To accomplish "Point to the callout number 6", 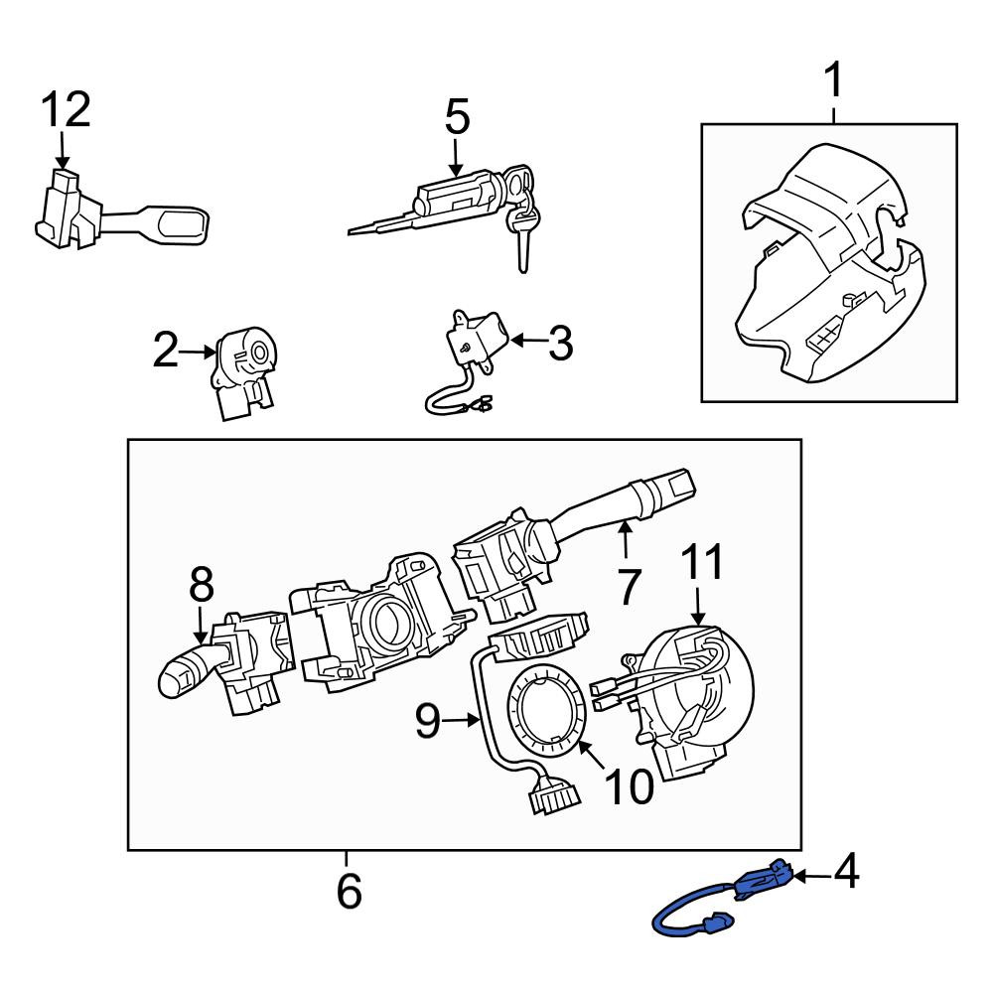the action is point(349,891).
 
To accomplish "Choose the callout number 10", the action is point(629,787).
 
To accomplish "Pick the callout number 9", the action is point(428,721).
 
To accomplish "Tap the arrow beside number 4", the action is point(812,877).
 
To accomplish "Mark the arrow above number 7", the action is point(625,537).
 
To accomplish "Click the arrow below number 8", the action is point(201,627).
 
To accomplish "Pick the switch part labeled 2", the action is point(243,373).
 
